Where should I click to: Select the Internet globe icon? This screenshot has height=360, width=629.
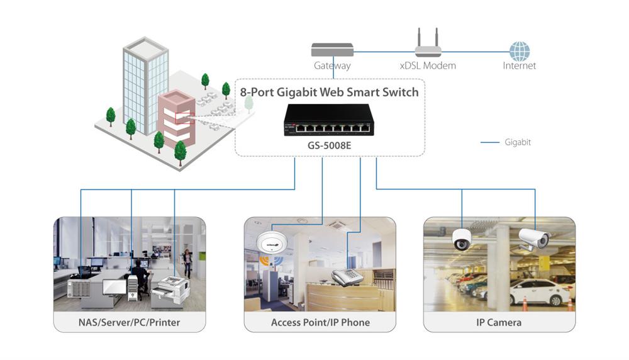[520, 51]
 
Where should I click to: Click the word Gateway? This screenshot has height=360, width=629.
[332, 65]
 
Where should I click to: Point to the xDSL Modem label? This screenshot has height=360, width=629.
[428, 65]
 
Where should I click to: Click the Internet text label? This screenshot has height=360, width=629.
[520, 65]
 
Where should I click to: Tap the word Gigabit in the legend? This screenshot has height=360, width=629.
[518, 142]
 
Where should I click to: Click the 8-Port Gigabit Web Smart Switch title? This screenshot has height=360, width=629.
[329, 92]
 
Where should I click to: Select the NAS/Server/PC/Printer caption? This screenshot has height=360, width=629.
[130, 322]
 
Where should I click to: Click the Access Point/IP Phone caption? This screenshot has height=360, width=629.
[320, 322]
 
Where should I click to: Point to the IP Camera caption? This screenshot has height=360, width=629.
[499, 322]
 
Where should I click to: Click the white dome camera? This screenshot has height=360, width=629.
[462, 240]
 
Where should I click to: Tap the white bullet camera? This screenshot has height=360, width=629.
[533, 239]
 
